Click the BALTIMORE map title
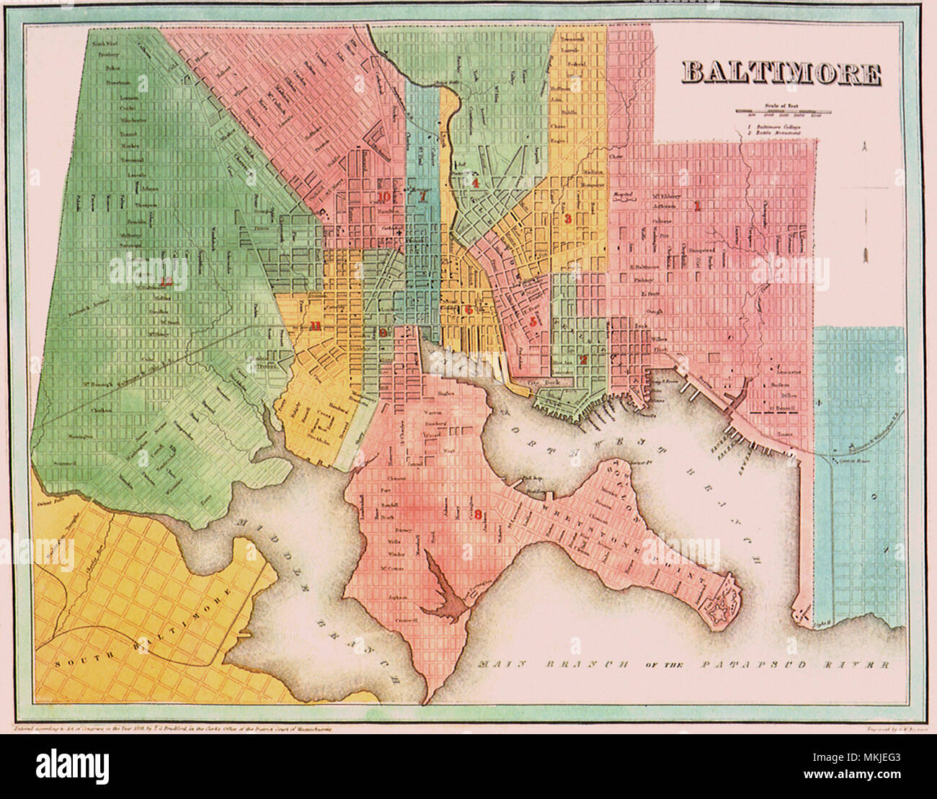point(781,73)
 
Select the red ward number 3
point(568,219)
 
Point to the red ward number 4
point(476,183)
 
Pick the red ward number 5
point(533,322)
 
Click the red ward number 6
point(468,309)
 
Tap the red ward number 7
point(423,195)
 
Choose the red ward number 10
point(383,196)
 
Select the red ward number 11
point(315,326)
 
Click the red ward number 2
point(585,359)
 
